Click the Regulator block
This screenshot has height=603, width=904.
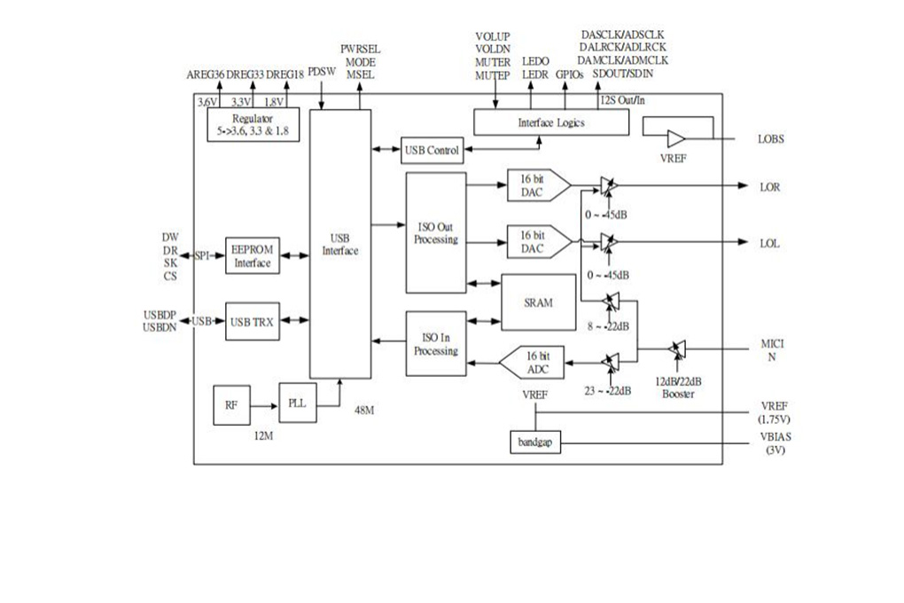tap(253, 125)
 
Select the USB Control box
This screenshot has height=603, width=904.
tap(432, 150)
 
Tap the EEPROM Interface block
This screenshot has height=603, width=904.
tap(252, 255)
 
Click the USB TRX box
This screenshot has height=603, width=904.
tap(252, 321)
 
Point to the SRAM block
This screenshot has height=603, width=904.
tap(539, 302)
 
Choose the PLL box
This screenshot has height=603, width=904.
tap(298, 403)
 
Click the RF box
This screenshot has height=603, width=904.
tap(231, 405)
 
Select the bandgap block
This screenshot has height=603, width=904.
tap(535, 442)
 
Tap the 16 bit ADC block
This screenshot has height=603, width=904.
tap(532, 363)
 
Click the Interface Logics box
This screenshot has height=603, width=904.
tap(551, 122)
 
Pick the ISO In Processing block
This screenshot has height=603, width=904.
tap(436, 344)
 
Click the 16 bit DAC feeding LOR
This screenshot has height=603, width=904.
tap(539, 185)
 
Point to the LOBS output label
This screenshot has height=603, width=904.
tap(771, 139)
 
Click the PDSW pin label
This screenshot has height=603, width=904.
tap(322, 72)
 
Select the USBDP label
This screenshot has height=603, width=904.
tap(160, 315)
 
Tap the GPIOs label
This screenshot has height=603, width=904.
tap(570, 74)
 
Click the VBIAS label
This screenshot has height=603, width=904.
tap(775, 437)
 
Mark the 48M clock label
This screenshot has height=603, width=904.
tap(364, 411)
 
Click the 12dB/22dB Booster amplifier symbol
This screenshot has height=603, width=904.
tap(677, 348)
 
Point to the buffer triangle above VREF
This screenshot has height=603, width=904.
tap(675, 139)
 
